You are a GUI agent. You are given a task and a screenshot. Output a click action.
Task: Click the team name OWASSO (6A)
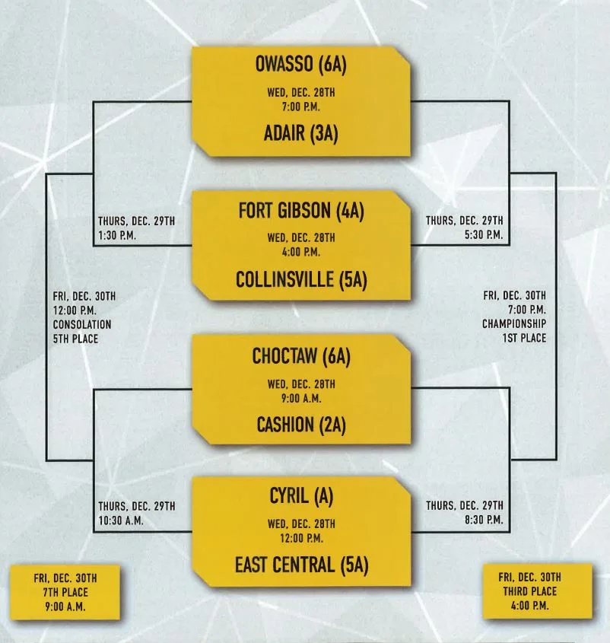point(300,65)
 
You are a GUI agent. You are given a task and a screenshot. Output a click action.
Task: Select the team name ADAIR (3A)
point(301,134)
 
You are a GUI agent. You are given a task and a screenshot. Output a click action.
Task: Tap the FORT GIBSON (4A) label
point(301,211)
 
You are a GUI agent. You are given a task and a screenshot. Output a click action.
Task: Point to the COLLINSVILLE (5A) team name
point(301,279)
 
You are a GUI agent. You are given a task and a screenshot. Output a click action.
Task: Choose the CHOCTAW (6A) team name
point(301,356)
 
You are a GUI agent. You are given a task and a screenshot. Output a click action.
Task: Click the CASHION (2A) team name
point(301,425)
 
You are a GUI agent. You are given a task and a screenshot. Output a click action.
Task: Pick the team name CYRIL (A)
point(301,496)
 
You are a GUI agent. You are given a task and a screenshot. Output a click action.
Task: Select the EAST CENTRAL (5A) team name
point(301,565)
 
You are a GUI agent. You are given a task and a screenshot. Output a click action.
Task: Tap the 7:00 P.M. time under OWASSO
point(301,106)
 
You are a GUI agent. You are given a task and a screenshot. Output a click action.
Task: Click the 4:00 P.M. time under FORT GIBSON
point(301,251)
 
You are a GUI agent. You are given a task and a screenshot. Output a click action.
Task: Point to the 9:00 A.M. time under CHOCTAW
point(301,396)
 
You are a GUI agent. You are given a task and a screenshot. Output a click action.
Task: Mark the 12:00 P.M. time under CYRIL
point(301,538)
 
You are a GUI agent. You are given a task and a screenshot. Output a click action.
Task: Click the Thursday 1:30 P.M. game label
point(136,228)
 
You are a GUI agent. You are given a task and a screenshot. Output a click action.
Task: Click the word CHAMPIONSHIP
point(513,323)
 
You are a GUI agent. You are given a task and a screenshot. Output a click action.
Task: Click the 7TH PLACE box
point(65,592)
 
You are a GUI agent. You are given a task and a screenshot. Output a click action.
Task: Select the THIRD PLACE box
point(537,592)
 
